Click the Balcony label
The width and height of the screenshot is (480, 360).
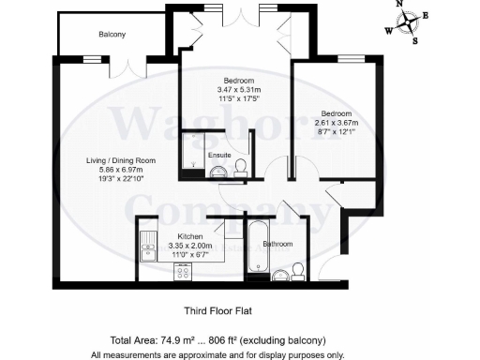pos(112,35)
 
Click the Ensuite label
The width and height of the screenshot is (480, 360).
pos(219,154)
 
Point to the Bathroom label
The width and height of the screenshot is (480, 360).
pos(277,245)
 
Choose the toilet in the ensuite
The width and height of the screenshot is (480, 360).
pos(240,167)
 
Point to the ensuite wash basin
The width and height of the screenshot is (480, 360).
pos(215,171)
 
